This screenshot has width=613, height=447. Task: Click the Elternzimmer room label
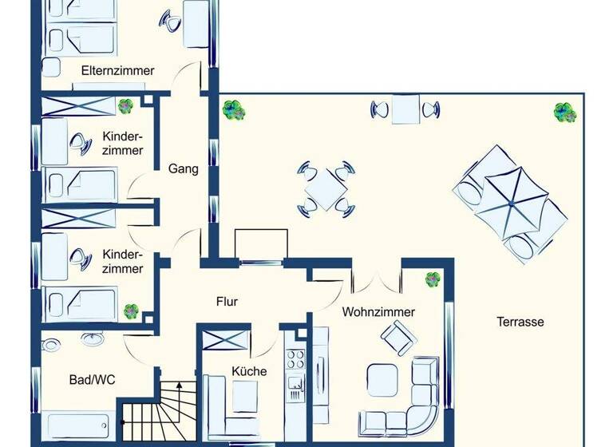(117, 70)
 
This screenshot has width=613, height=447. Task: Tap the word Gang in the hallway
(183, 169)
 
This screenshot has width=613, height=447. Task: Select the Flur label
(227, 302)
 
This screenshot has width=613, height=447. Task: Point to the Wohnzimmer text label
(378, 312)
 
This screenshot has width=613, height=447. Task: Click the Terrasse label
(520, 322)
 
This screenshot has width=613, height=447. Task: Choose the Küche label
(249, 371)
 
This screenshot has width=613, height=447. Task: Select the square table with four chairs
(325, 188)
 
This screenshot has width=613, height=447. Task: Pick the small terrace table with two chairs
(405, 109)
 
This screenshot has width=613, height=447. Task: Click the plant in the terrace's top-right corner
(566, 113)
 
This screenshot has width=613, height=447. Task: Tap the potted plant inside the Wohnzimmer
(433, 279)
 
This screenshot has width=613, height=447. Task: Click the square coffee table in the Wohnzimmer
(381, 379)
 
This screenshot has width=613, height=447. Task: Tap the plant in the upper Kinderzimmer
(125, 105)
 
